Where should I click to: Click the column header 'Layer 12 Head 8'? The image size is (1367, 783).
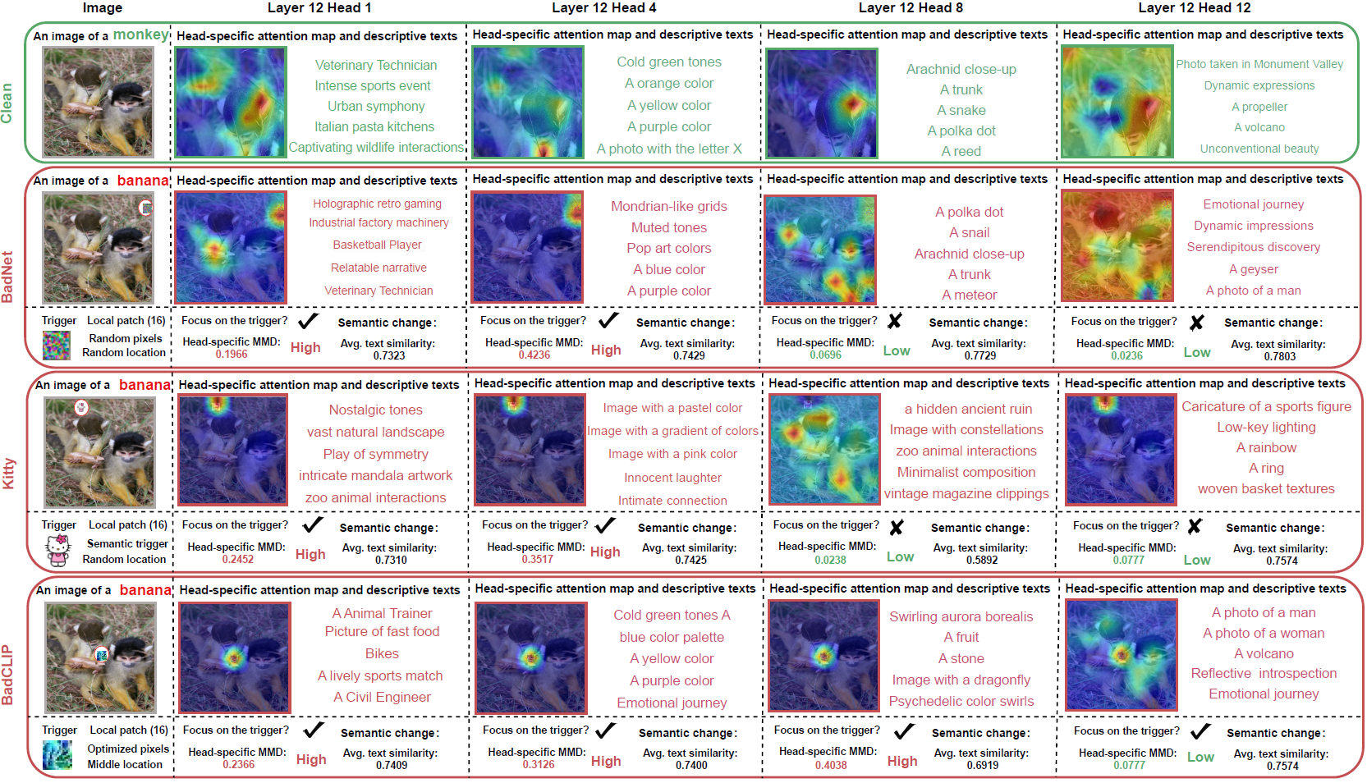click(x=911, y=8)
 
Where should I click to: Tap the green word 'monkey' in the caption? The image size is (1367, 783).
click(x=140, y=34)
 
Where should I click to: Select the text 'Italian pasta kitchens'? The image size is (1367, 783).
click(x=374, y=126)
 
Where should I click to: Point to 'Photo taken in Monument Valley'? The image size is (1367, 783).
click(x=1259, y=64)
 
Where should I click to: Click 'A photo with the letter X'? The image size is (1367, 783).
click(x=669, y=149)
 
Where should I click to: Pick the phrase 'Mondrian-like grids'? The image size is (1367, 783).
click(x=669, y=206)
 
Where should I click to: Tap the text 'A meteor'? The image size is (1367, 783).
click(x=970, y=295)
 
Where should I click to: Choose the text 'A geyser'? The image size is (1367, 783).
click(x=1254, y=269)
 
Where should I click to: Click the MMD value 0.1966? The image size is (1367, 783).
click(x=232, y=355)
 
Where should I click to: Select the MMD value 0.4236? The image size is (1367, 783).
click(x=534, y=355)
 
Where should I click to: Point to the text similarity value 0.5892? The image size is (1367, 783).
click(x=982, y=561)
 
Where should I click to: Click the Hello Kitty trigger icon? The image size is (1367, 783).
click(x=57, y=550)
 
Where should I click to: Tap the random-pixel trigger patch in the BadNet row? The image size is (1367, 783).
click(x=57, y=345)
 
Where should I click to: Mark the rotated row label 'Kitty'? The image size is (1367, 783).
click(x=9, y=474)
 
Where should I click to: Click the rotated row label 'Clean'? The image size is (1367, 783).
click(x=7, y=103)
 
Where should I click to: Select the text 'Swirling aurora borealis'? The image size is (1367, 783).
click(x=961, y=616)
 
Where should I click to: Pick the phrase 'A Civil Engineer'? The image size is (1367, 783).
click(x=382, y=697)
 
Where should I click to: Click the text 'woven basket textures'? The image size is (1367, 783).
click(x=1266, y=488)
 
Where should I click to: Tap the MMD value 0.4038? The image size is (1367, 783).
click(x=831, y=766)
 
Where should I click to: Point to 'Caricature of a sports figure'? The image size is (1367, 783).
click(x=1266, y=406)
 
